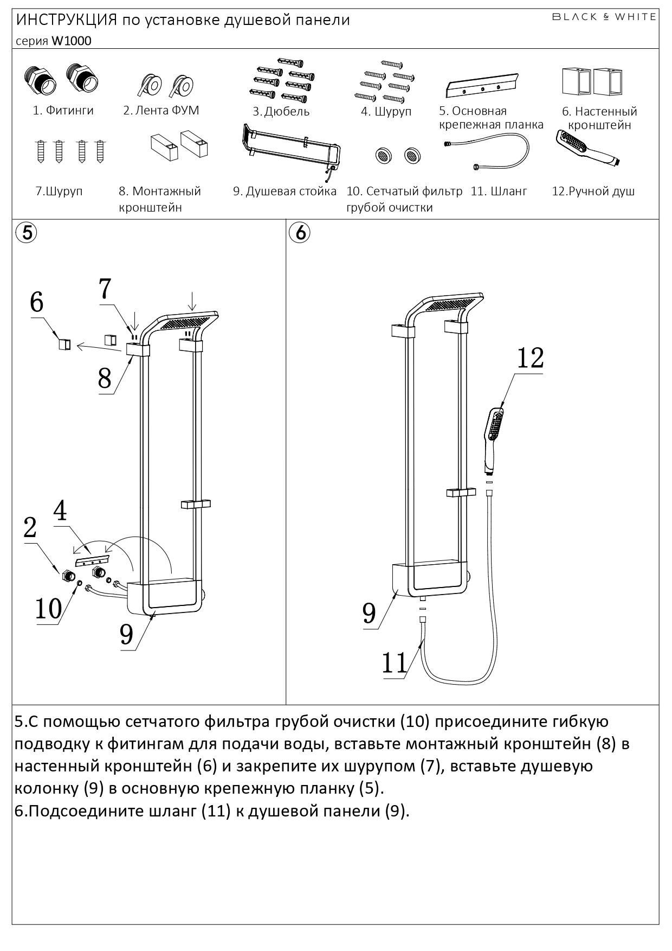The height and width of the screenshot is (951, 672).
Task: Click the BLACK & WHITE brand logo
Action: pos(604,17)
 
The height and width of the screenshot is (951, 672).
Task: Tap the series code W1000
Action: pos(72,41)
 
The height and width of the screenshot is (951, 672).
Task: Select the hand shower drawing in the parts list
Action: pos(587,147)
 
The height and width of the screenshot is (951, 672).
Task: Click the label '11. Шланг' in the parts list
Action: pos(499,192)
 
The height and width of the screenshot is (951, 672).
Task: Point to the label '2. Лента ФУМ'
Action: pos(161,111)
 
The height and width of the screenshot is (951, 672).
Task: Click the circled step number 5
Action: pos(27,232)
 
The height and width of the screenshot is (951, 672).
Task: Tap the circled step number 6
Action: pos(300,232)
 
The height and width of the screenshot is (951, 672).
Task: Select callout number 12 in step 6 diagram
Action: pos(530,358)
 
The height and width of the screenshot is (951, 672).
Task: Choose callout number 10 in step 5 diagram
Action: pos(49,609)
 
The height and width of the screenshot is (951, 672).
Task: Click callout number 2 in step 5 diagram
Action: pos(30,527)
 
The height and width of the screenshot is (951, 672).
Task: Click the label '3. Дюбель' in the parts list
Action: pos(281,112)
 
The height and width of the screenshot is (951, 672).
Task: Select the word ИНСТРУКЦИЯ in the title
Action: pos(67,20)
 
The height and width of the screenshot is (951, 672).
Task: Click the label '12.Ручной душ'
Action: pos(593,192)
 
